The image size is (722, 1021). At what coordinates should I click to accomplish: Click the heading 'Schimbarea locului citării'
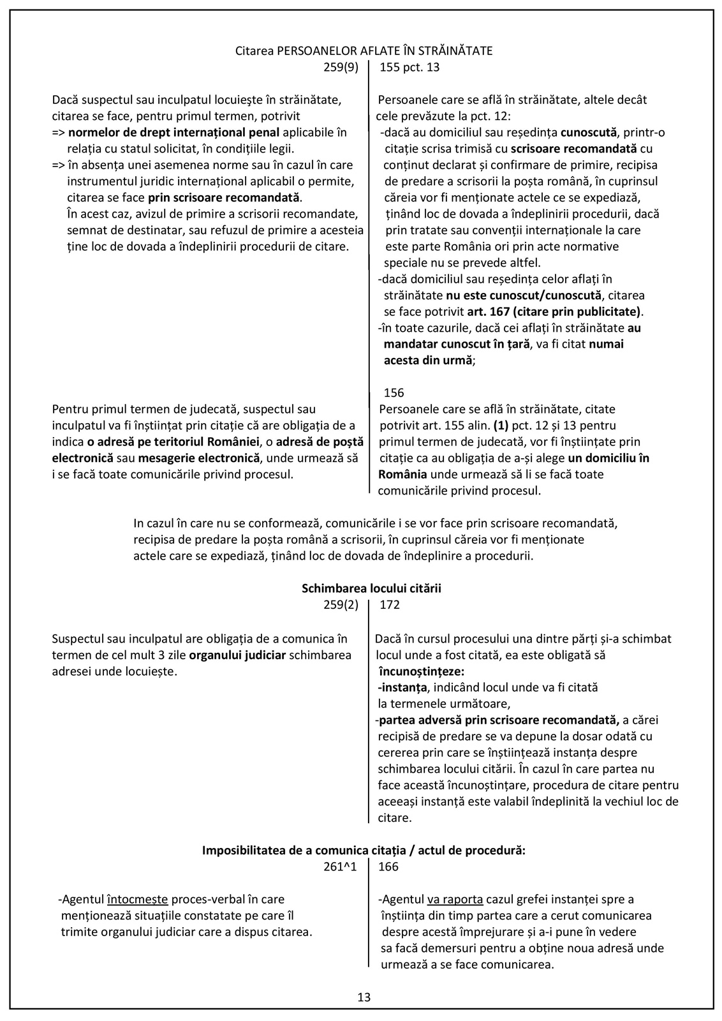pyautogui.click(x=371, y=588)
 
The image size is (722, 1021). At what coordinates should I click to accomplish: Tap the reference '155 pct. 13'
pyautogui.click(x=409, y=67)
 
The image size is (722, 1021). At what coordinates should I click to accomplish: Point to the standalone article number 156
pyautogui.click(x=394, y=393)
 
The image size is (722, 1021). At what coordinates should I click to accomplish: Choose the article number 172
pyautogui.click(x=390, y=605)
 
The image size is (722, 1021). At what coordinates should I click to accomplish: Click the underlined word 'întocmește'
pyautogui.click(x=137, y=900)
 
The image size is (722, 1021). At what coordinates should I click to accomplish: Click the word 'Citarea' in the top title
pyautogui.click(x=254, y=51)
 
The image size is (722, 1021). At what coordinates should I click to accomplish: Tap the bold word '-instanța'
pyautogui.click(x=401, y=688)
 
